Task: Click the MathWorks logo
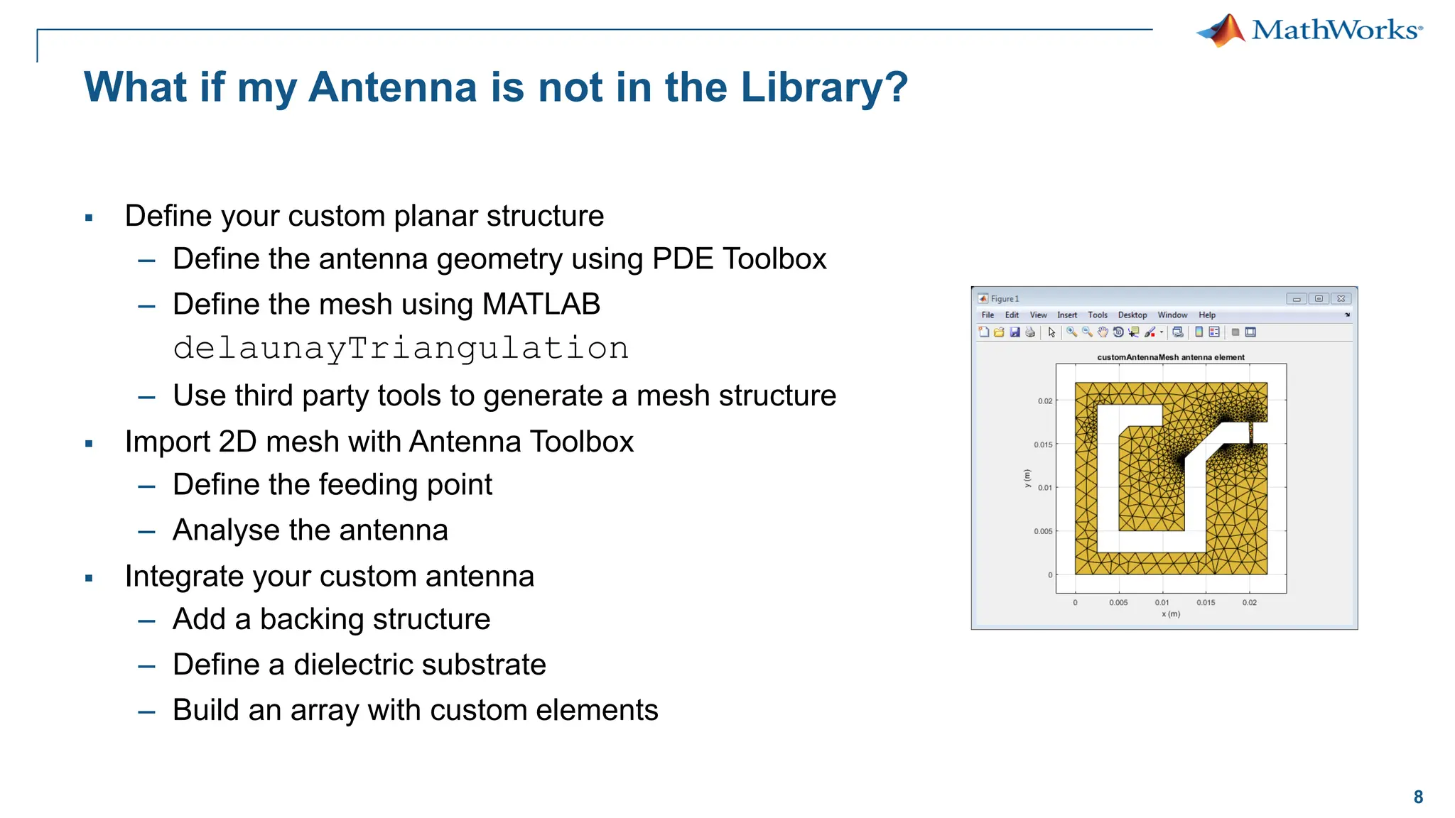click(1309, 31)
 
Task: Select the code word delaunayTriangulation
click(401, 348)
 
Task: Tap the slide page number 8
click(1418, 797)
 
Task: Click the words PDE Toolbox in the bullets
click(739, 258)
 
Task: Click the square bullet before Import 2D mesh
click(89, 444)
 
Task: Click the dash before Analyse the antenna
click(147, 532)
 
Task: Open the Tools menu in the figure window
click(1098, 315)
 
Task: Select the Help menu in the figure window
click(1207, 315)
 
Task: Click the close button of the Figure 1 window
click(1341, 299)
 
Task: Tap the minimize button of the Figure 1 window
click(1297, 299)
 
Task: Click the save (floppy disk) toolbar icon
click(1015, 332)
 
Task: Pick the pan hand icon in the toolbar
click(1103, 332)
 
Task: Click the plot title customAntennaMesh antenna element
click(1171, 357)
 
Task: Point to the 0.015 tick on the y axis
click(1043, 445)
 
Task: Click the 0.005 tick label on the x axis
click(1118, 603)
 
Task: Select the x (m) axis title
click(1171, 614)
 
